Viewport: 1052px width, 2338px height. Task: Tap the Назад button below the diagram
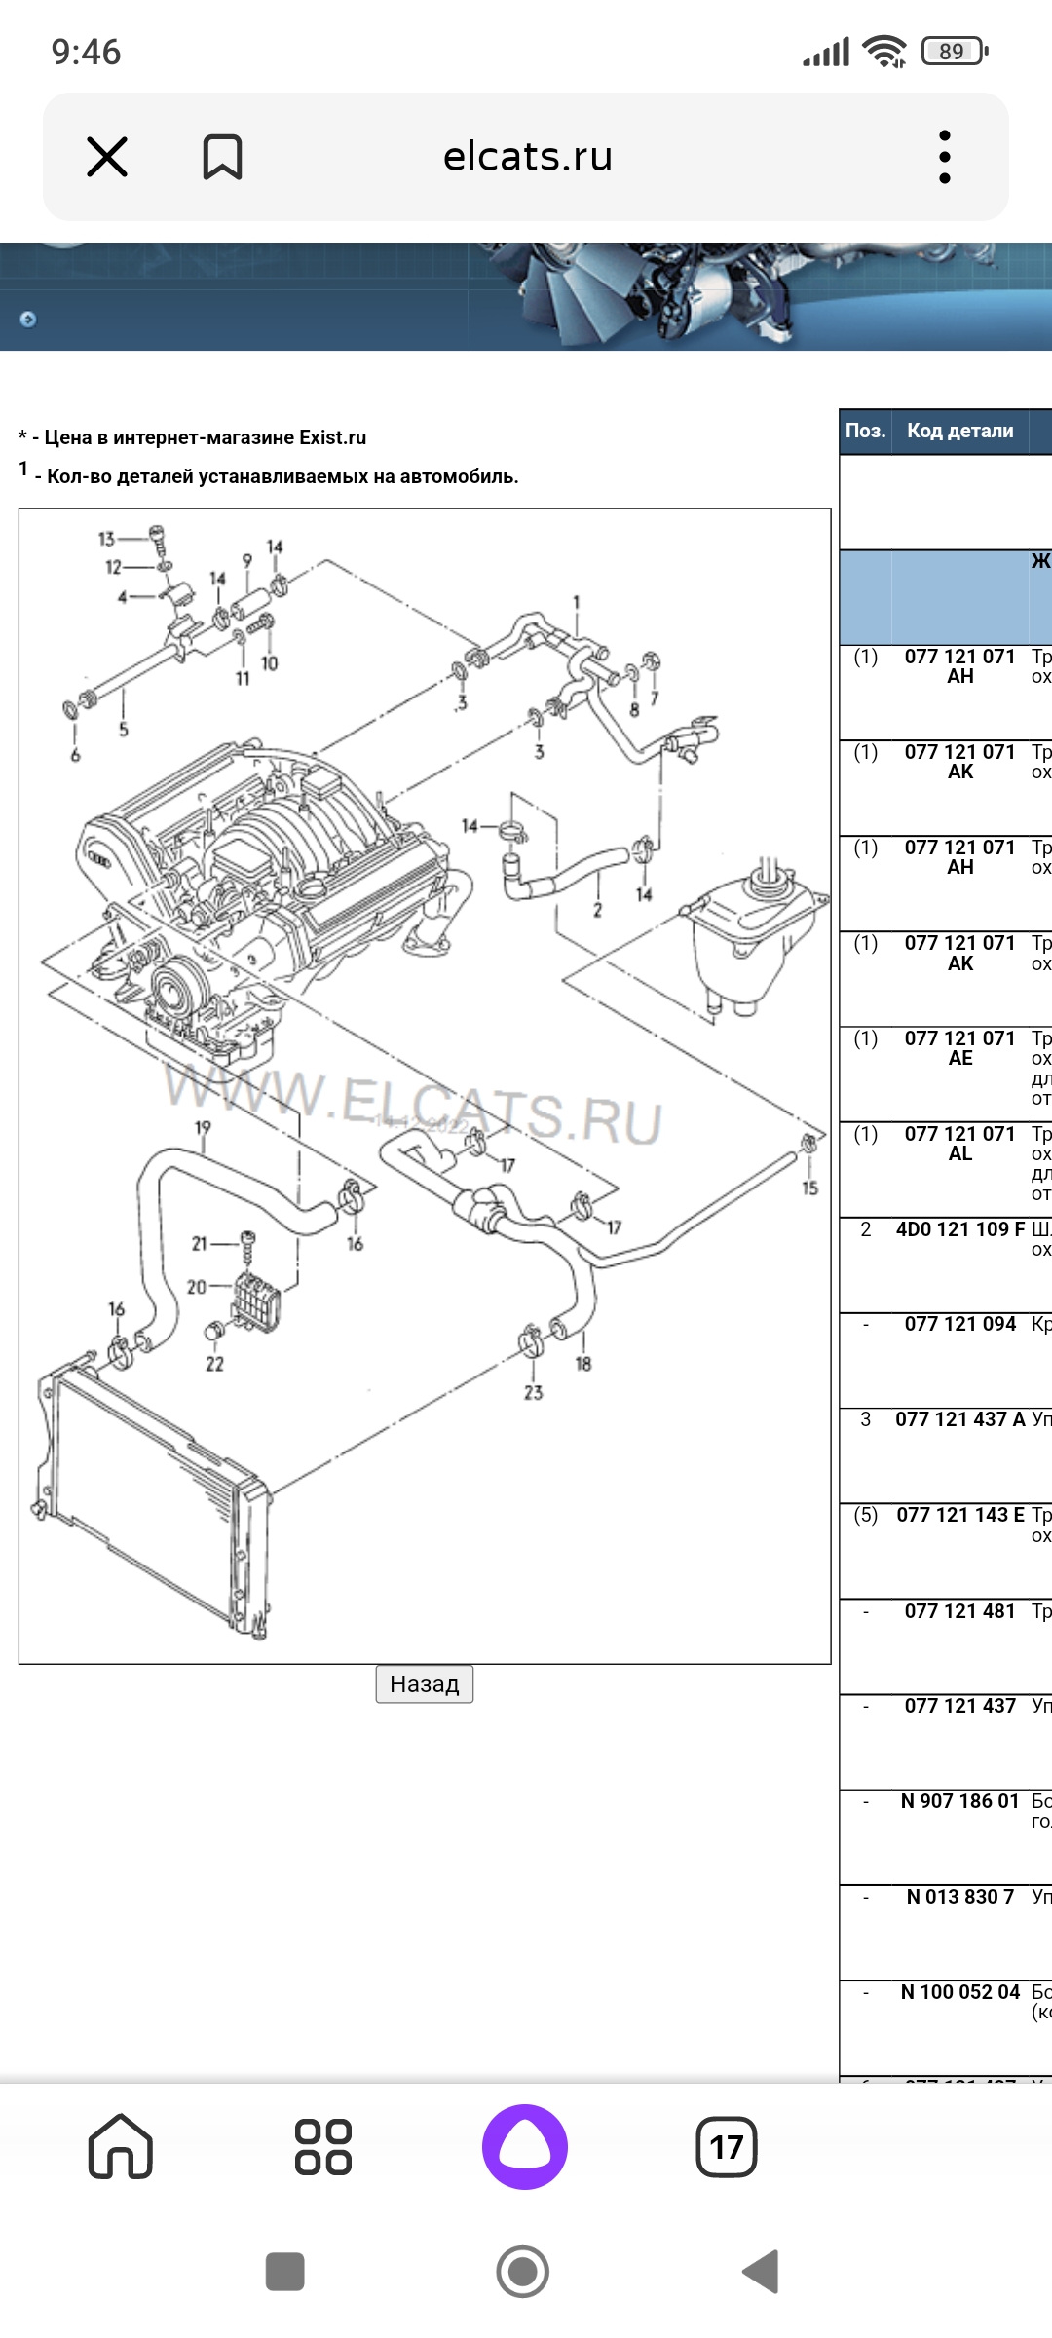click(x=424, y=1683)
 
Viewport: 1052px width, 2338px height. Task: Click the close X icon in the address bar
click(x=107, y=157)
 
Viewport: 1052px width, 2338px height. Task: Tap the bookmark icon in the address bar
click(x=222, y=157)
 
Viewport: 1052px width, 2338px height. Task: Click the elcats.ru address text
click(x=527, y=157)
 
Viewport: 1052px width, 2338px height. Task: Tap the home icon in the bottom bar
click(x=121, y=2146)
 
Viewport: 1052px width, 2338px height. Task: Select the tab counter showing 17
click(x=727, y=2146)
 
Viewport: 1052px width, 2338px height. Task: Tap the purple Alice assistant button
click(x=524, y=2146)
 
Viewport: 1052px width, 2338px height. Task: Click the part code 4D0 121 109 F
click(x=959, y=1229)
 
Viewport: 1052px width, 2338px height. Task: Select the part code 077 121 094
click(x=959, y=1324)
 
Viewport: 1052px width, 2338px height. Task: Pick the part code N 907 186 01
click(x=959, y=1801)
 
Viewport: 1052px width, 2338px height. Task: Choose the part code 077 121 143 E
click(x=959, y=1515)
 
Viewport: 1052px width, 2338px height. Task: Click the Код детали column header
click(x=959, y=431)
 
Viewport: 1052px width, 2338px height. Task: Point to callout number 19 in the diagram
click(x=203, y=1127)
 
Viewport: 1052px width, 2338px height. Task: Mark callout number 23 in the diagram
click(x=533, y=1393)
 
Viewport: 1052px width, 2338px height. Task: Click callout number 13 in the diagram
click(x=106, y=539)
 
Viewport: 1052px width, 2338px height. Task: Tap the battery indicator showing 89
click(x=954, y=51)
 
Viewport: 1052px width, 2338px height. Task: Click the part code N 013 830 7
click(x=959, y=1897)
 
